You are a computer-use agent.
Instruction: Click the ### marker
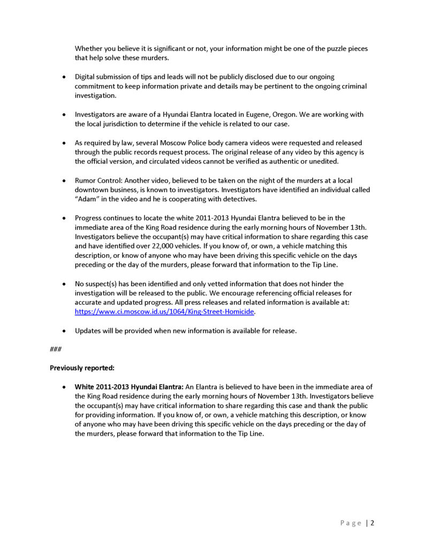click(x=55, y=349)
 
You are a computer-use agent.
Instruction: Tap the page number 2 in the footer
click(x=372, y=523)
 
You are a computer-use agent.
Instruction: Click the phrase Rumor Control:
click(x=99, y=181)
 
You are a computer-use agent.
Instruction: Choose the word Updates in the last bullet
click(x=87, y=330)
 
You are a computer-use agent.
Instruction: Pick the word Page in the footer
click(x=351, y=523)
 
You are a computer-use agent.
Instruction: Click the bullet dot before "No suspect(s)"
click(x=64, y=284)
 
